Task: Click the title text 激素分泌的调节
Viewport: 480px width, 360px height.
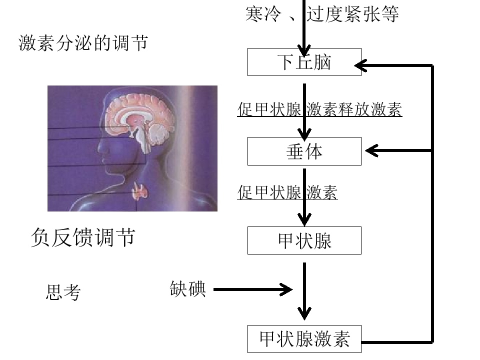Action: coord(83,42)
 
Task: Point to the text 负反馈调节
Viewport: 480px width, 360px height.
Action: coord(83,237)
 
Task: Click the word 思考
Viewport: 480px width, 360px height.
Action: coord(63,292)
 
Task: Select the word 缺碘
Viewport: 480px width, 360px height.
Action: coord(187,288)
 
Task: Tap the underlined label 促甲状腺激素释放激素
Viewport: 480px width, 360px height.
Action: coord(319,109)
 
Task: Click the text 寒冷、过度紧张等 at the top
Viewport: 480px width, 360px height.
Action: coord(322,14)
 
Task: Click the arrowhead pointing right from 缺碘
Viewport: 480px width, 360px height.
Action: coord(286,289)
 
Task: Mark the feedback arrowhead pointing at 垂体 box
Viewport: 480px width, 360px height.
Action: coord(371,150)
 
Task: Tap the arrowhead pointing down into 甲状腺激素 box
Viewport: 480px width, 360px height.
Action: coord(304,313)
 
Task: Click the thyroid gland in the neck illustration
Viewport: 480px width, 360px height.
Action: coord(139,191)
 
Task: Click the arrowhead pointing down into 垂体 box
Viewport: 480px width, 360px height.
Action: coord(304,134)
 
